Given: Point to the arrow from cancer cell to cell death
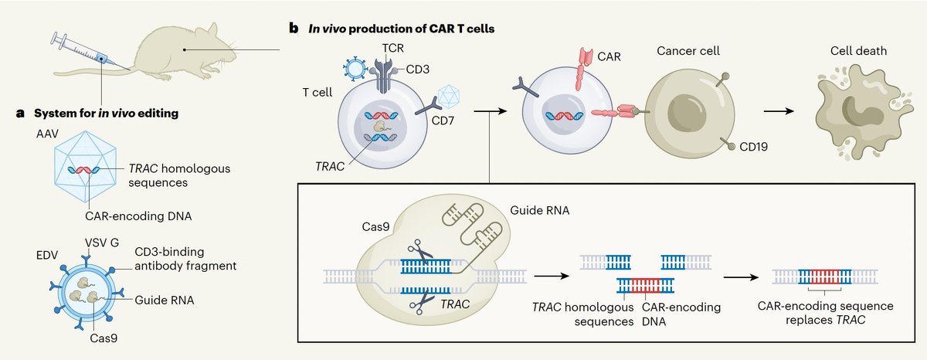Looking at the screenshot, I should click(x=783, y=113).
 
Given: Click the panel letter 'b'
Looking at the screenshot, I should click(x=293, y=29).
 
